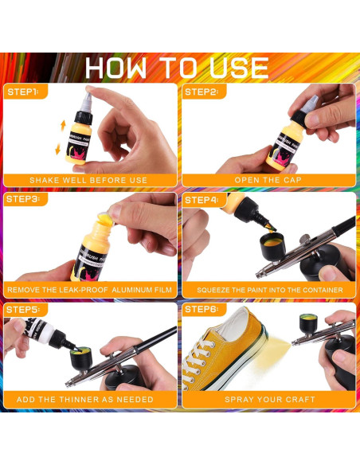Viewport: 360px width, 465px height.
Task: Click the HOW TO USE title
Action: (177, 66)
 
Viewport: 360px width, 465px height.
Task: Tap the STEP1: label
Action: (23, 92)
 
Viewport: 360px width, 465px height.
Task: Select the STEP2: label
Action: (202, 92)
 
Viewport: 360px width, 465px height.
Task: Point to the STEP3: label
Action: (23, 199)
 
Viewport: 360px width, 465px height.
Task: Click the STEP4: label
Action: (202, 199)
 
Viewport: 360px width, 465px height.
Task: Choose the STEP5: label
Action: (23, 308)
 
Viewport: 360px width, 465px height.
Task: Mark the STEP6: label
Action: (202, 308)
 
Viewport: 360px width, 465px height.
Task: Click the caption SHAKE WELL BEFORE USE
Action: (88, 180)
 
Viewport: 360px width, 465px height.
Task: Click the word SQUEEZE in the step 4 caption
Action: (215, 291)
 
